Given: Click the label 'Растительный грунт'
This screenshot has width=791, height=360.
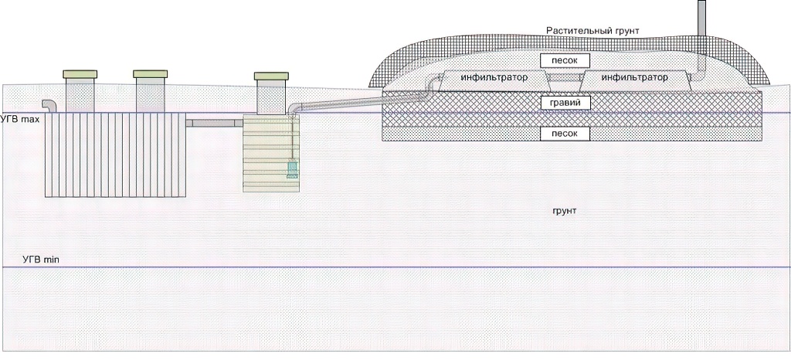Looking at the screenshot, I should click(x=592, y=30).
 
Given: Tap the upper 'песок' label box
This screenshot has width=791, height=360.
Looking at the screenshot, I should click(x=565, y=60).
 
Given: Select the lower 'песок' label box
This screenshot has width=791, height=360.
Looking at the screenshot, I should click(x=565, y=134).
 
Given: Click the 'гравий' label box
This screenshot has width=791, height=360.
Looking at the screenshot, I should click(x=565, y=102).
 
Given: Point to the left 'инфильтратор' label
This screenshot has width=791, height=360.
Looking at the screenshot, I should click(x=494, y=78).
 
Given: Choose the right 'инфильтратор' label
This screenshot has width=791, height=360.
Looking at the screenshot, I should click(x=633, y=78).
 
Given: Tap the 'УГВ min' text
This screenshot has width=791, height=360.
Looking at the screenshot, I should click(x=40, y=260).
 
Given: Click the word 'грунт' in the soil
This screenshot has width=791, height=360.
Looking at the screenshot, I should click(x=565, y=210).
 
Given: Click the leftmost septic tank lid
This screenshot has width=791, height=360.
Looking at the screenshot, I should click(x=80, y=74).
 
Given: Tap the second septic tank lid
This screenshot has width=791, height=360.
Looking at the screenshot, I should click(x=150, y=74).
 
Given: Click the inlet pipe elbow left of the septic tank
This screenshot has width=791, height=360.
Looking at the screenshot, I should click(x=49, y=105).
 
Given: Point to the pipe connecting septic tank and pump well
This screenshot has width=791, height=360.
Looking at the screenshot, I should click(x=214, y=123).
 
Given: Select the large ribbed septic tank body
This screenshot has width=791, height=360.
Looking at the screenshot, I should click(x=114, y=155).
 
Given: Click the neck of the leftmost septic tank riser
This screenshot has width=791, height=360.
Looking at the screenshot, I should click(x=80, y=96).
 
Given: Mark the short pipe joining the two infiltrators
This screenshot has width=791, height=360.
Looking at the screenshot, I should click(x=565, y=79).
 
